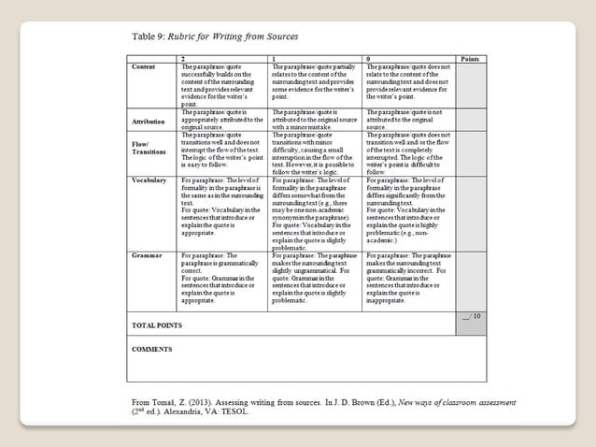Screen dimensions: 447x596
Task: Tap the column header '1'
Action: pos(272,59)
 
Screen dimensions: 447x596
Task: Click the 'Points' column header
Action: pos(470,59)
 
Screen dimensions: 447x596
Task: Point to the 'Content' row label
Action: pos(144,67)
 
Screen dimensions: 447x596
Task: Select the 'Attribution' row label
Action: pos(148,122)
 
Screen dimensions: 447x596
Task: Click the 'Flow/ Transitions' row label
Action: pos(148,149)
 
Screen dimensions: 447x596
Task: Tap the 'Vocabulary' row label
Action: pos(149,178)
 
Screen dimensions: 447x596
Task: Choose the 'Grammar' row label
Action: pos(146,254)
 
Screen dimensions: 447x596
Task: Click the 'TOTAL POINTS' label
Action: pos(156,324)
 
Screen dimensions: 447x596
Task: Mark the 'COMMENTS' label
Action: pos(152,349)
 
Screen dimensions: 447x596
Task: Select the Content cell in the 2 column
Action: pos(222,84)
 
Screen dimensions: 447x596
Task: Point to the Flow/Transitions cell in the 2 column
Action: pos(222,151)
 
